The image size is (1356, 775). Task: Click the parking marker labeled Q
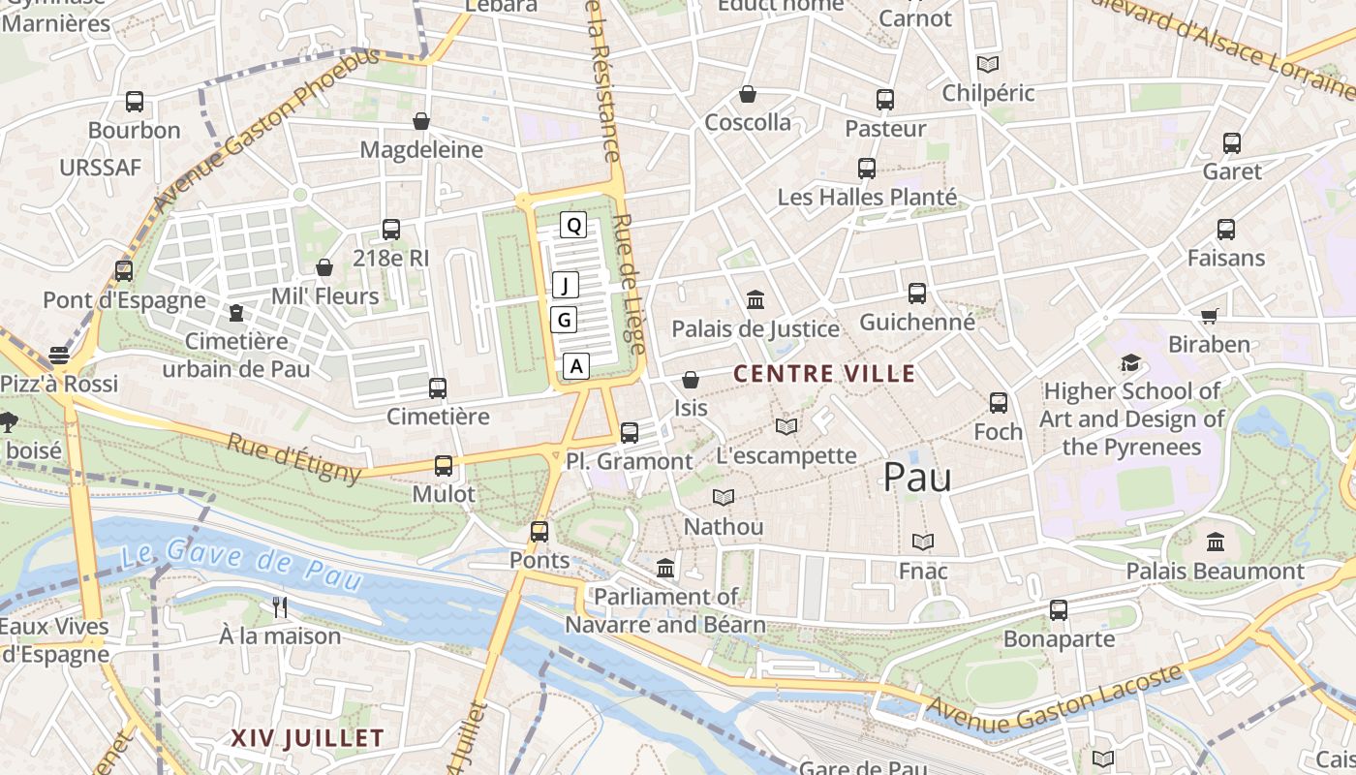(x=573, y=226)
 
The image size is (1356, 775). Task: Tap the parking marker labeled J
(x=566, y=285)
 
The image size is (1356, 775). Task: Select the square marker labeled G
(x=564, y=320)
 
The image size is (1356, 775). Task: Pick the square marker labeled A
(x=576, y=366)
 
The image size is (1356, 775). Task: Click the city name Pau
(x=917, y=478)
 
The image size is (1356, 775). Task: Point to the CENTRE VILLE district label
(x=824, y=374)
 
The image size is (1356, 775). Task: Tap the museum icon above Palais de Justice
(x=755, y=300)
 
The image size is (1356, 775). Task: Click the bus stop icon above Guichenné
(x=916, y=293)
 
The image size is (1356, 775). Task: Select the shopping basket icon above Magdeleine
(x=421, y=121)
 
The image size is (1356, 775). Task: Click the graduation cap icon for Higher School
(x=1130, y=363)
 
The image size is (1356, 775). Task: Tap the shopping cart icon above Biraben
(x=1209, y=316)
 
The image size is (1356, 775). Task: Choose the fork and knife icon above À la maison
(x=280, y=607)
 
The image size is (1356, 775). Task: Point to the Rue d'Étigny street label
(x=294, y=458)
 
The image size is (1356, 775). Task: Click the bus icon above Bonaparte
(x=1059, y=610)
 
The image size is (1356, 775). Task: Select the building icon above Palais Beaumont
(x=1216, y=542)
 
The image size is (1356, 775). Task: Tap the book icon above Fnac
(x=923, y=542)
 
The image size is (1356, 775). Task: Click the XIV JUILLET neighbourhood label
(x=307, y=738)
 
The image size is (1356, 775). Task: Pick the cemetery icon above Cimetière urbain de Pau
(x=236, y=313)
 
